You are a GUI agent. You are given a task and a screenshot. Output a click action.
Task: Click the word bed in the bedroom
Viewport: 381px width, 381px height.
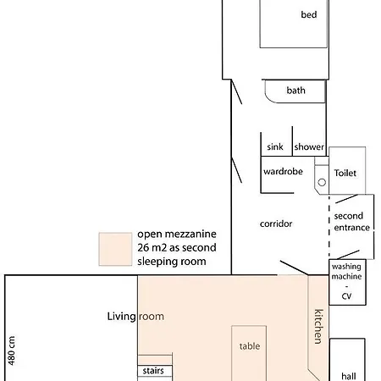pyautogui.click(x=309, y=14)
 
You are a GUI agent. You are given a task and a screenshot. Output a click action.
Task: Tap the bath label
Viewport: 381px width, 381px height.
pyautogui.click(x=295, y=91)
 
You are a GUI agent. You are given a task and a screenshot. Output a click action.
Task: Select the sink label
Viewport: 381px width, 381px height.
pyautogui.click(x=275, y=146)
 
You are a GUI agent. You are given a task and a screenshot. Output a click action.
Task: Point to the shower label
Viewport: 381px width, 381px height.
pyautogui.click(x=309, y=146)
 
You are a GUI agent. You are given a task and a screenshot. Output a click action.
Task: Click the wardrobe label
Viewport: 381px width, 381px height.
pyautogui.click(x=283, y=171)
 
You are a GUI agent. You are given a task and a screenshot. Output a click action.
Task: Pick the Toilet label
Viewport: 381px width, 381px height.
pyautogui.click(x=345, y=173)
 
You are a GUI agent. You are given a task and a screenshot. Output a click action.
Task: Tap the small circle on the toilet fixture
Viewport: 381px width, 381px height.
pyautogui.click(x=322, y=182)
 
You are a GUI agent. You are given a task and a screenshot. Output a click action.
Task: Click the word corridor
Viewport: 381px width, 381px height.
pyautogui.click(x=276, y=224)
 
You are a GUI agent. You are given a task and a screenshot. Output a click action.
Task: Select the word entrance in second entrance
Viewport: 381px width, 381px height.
pyautogui.click(x=352, y=228)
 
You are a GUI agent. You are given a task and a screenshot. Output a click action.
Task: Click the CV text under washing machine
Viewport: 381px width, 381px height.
pyautogui.click(x=346, y=296)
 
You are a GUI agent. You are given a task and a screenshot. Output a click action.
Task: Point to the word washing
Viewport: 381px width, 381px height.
pyautogui.click(x=346, y=267)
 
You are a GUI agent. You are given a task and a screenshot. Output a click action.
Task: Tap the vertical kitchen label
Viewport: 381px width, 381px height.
pyautogui.click(x=318, y=327)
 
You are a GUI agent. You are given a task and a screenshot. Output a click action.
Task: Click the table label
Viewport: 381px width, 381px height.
pyautogui.click(x=250, y=346)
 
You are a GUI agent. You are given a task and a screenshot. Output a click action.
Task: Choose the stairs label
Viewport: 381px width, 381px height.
pyautogui.click(x=153, y=371)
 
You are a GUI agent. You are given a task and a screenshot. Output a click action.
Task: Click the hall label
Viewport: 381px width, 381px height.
pyautogui.click(x=349, y=376)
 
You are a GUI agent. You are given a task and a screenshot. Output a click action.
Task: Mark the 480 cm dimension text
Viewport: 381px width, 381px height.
pyautogui.click(x=11, y=351)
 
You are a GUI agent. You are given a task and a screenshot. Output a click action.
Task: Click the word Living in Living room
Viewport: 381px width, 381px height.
pyautogui.click(x=122, y=317)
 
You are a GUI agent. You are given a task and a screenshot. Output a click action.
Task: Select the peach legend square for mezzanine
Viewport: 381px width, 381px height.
pyautogui.click(x=115, y=249)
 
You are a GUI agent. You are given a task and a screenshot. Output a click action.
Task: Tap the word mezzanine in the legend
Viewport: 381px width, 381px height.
pyautogui.click(x=190, y=234)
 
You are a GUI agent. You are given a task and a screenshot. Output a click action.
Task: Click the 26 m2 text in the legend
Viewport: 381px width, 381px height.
pyautogui.click(x=152, y=247)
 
